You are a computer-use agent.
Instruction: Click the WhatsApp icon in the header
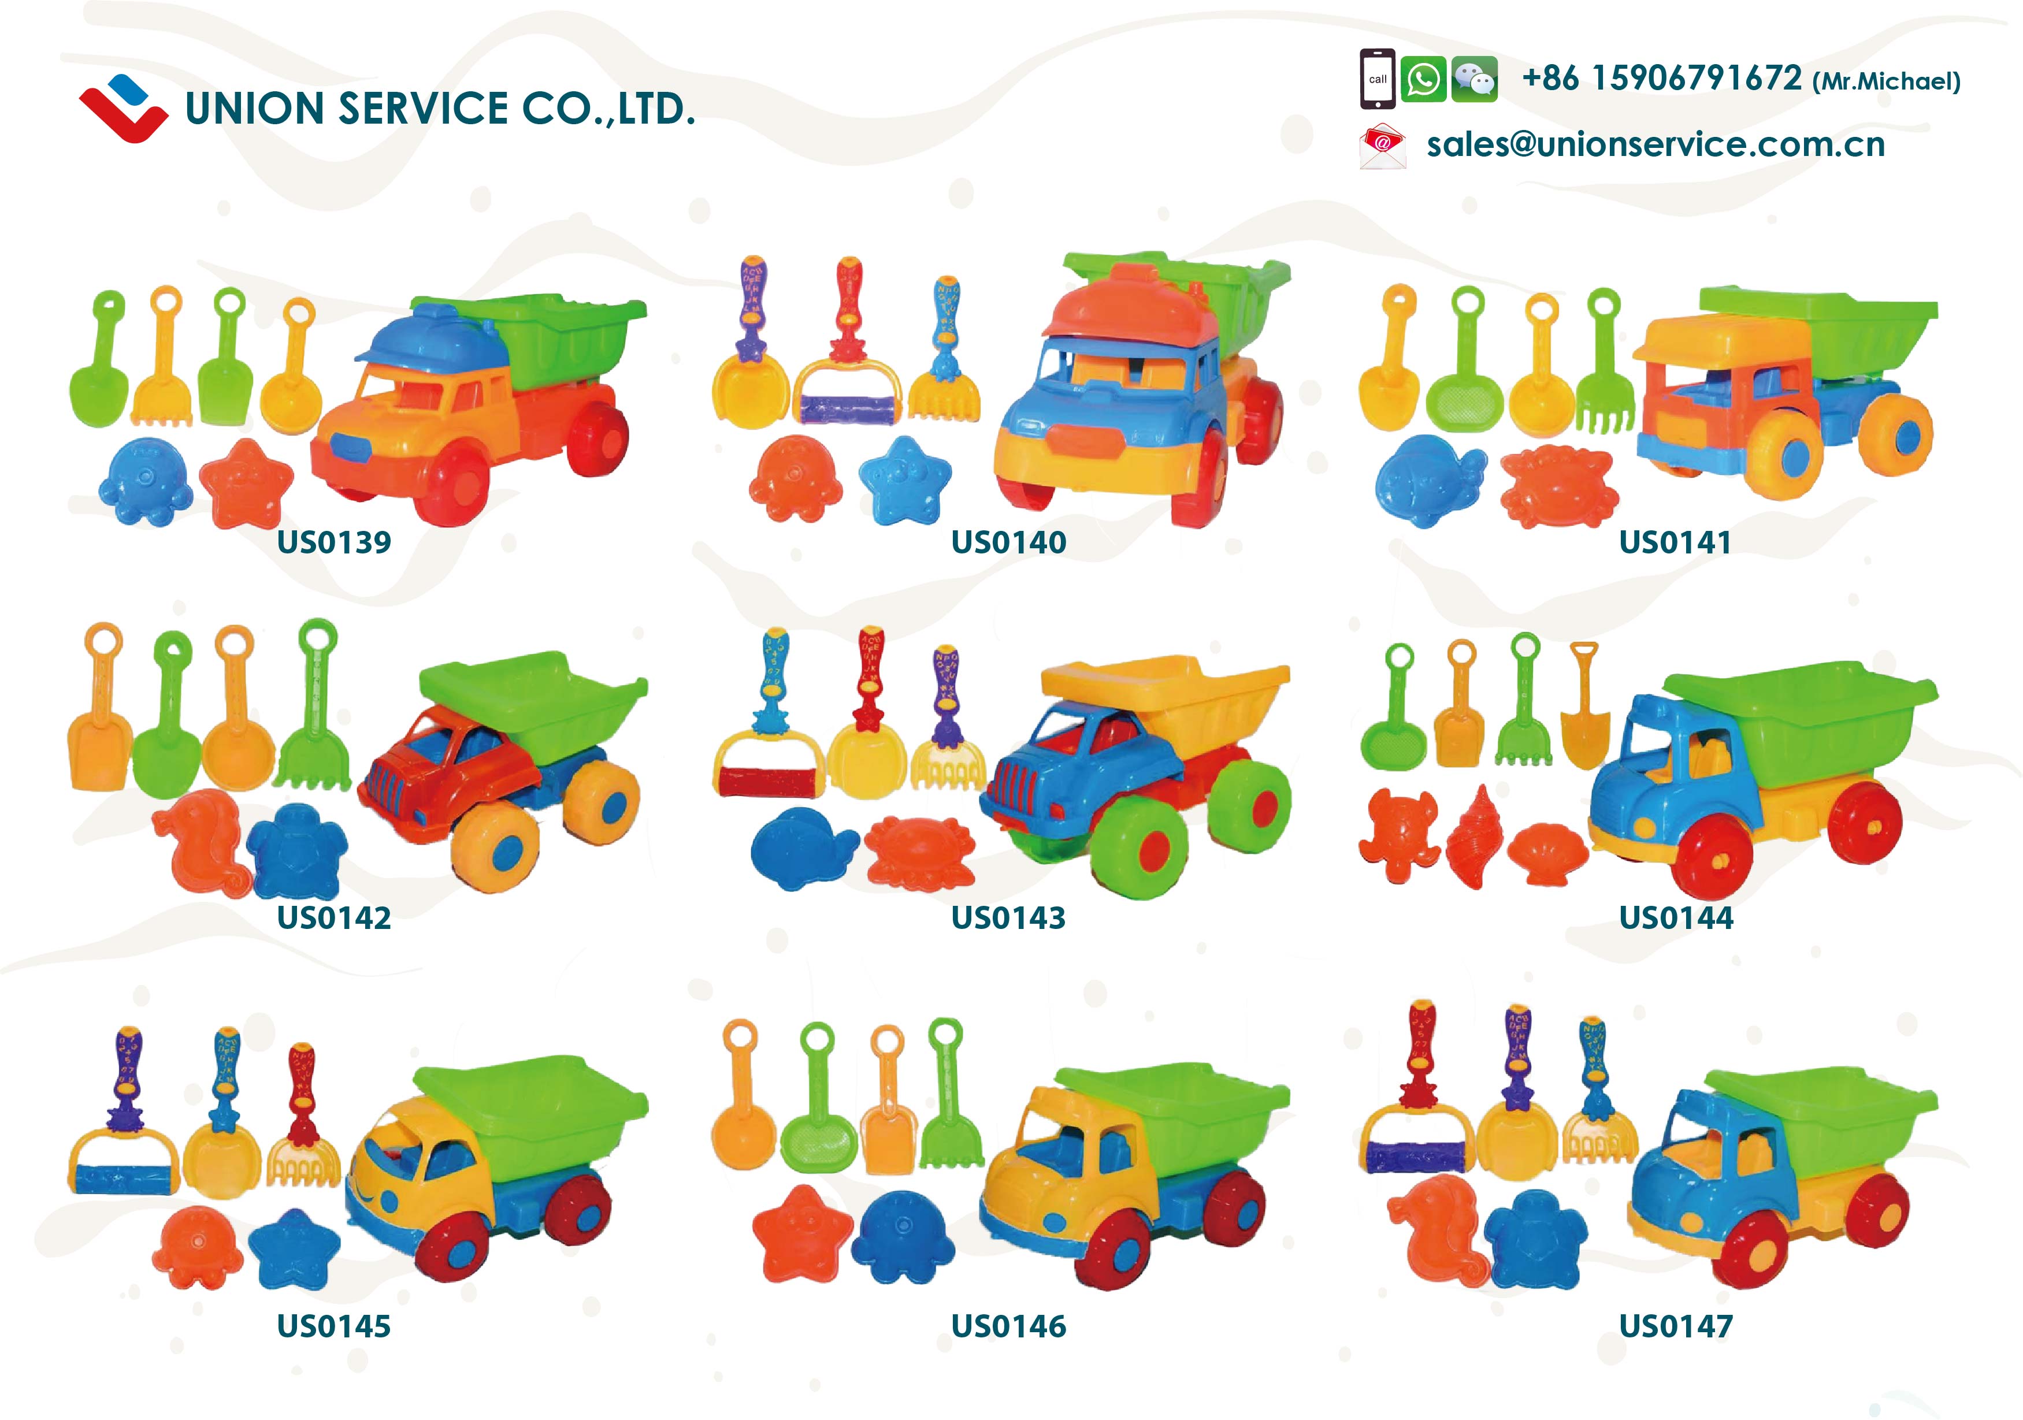1423,79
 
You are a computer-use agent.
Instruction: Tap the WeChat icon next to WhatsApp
1474,79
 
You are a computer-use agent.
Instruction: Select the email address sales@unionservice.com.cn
1655,144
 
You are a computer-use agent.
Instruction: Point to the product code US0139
334,542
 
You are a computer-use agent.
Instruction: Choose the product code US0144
1676,918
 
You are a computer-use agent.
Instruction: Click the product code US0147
1676,1326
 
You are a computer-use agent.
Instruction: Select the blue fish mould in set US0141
1429,480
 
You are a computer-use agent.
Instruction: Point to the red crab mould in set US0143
920,851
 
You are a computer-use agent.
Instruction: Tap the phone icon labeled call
1377,79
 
